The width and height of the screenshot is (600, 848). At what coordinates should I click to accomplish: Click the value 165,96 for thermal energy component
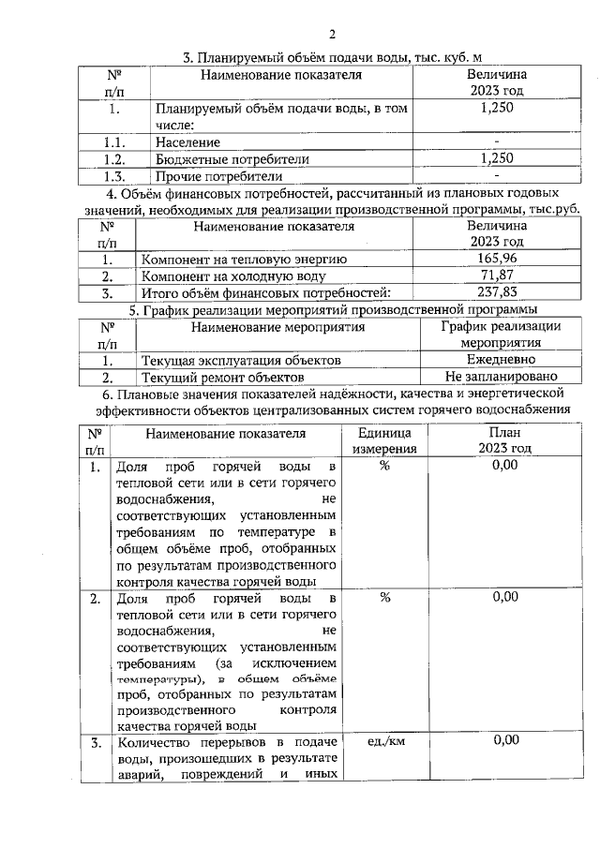(x=496, y=259)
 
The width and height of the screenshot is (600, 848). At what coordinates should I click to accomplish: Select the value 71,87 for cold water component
(x=496, y=275)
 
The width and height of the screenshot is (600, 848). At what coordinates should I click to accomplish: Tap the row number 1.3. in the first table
(x=114, y=175)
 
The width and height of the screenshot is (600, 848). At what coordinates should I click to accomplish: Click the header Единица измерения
(x=384, y=441)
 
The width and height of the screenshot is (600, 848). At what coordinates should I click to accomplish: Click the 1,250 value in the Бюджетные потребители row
(x=496, y=159)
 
